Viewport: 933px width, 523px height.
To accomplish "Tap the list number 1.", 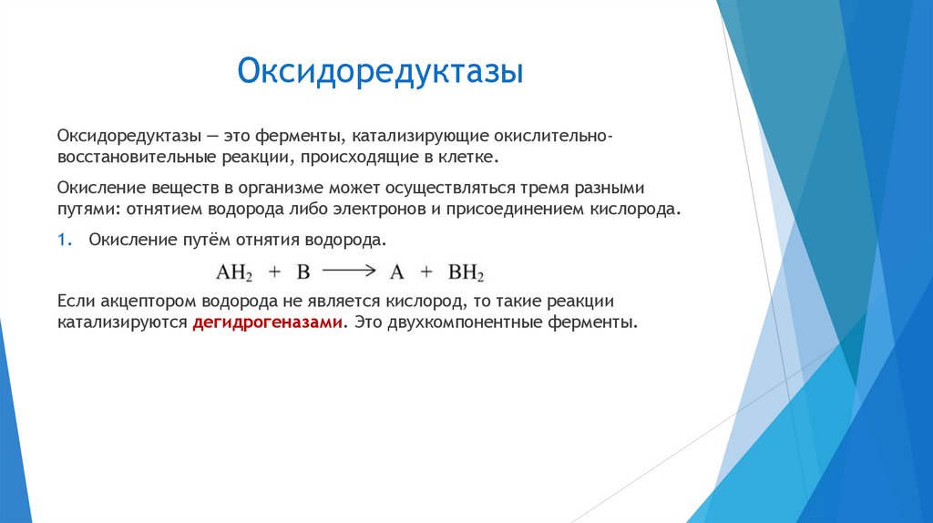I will click(x=63, y=239).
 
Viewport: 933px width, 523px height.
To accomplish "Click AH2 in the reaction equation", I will click(x=233, y=272).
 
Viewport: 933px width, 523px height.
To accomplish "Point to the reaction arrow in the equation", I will click(x=350, y=271).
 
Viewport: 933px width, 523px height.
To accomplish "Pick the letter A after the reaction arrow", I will click(x=396, y=271).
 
